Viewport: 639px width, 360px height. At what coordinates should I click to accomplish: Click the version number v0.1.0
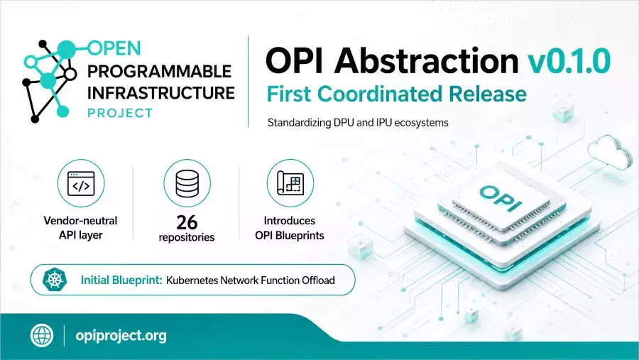point(569,60)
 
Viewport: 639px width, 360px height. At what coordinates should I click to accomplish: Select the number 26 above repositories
point(187,223)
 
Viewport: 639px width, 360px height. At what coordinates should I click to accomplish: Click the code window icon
point(81,183)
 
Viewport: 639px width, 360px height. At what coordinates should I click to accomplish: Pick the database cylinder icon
point(187,183)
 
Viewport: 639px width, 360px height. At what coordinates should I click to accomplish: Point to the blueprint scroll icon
point(290,183)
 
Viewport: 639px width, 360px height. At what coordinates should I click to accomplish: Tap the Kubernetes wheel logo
point(54,280)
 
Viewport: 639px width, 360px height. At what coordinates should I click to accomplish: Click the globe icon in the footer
point(42,336)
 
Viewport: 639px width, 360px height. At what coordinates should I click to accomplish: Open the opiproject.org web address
point(121,336)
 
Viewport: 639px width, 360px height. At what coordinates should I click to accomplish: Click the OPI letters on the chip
point(501,198)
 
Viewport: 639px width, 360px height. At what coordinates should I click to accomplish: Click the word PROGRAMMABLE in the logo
point(159,72)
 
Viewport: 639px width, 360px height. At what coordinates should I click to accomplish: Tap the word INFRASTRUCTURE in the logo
point(161,93)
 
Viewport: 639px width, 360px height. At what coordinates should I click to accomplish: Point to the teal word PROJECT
point(120,113)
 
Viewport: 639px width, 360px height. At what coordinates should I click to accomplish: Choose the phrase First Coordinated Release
point(396,94)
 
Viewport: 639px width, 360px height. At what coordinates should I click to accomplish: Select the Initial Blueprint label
point(121,280)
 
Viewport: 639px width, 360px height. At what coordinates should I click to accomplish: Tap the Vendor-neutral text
point(80,221)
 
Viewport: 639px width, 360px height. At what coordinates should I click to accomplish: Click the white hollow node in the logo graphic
point(70,74)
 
